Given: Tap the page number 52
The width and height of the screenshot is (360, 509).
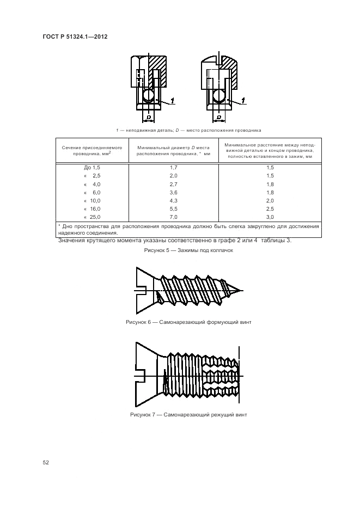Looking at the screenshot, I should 46,462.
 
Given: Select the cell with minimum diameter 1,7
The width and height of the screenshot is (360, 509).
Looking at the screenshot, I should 173,168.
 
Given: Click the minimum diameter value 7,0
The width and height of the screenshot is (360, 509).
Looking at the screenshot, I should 173,217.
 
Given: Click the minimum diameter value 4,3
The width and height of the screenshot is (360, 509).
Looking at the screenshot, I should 173,200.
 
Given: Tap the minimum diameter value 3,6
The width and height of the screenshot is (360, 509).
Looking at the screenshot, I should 173,192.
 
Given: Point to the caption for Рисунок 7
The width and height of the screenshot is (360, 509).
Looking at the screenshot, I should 188,414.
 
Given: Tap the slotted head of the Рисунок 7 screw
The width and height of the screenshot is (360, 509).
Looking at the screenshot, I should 143,374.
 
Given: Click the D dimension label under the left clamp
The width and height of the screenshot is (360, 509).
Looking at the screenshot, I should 148,116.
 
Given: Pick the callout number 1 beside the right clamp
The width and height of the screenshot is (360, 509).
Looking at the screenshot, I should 243,99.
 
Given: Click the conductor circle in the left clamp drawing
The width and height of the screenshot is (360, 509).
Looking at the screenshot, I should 148,96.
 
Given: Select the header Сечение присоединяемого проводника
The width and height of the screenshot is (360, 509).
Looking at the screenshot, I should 92,150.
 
